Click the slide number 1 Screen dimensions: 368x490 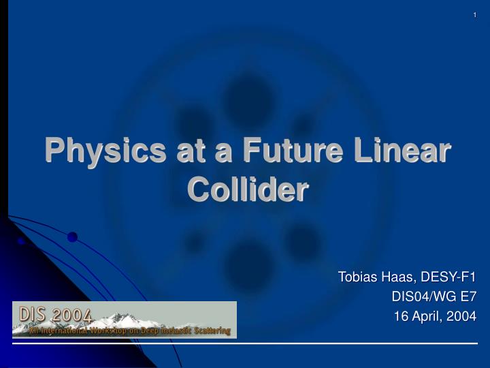click(474, 16)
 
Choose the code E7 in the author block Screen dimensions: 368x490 click(466, 296)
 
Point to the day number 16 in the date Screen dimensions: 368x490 click(402, 316)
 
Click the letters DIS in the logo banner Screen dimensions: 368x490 click(33, 314)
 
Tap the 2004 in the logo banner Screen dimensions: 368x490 click(71, 316)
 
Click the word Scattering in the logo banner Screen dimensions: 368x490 click(207, 331)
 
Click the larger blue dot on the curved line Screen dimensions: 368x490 click(72, 237)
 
